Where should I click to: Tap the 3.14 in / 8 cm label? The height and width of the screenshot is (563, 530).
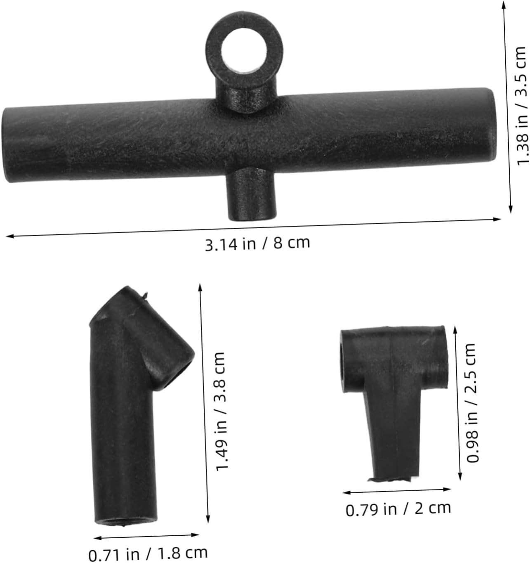[x=257, y=244]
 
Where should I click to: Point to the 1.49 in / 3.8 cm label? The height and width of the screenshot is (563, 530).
[x=220, y=412]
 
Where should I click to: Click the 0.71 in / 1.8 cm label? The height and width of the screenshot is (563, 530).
[x=148, y=553]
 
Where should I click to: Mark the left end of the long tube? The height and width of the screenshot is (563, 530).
[x=6, y=144]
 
